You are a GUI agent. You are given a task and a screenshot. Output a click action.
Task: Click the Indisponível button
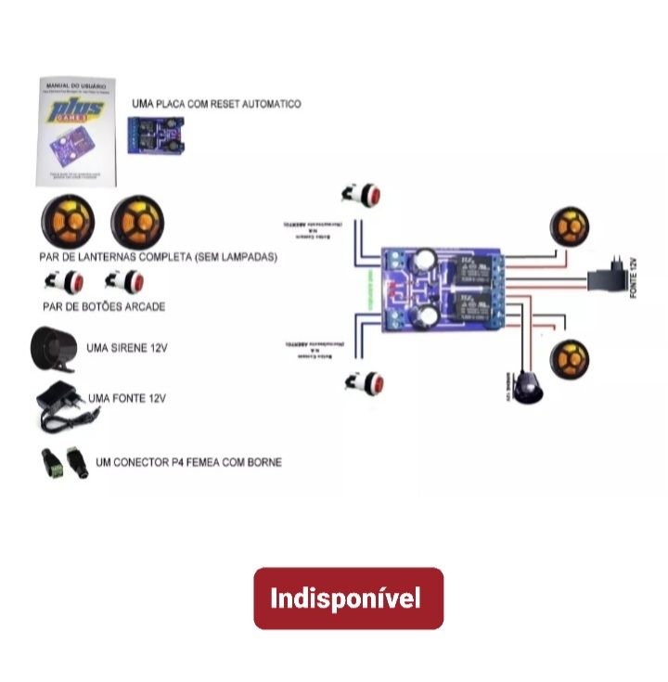tap(349, 598)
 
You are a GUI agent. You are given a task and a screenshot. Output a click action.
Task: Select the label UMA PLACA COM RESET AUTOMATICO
tap(217, 105)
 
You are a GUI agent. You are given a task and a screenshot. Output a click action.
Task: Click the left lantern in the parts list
tap(68, 223)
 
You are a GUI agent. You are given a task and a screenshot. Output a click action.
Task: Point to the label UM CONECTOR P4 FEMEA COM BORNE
tap(188, 462)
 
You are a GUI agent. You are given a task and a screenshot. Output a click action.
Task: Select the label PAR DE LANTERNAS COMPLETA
tap(159, 257)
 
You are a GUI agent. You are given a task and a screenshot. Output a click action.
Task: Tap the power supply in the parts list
tap(60, 405)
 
